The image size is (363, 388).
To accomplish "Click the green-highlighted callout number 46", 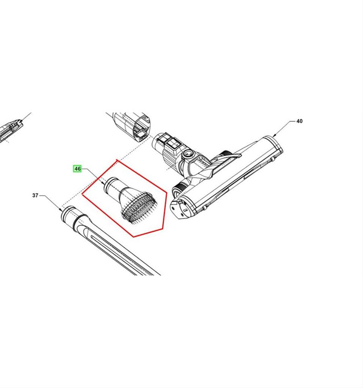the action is tap(77, 169).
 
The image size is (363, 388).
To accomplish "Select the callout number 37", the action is tap(35, 196).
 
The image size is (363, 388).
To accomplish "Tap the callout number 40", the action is tap(299, 121).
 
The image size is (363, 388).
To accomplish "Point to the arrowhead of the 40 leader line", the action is tap(274, 136).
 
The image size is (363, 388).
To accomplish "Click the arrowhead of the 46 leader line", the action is tap(103, 183).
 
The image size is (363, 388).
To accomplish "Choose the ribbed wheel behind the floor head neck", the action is tap(226, 154).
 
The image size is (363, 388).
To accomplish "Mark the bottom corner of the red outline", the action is tap(134, 237).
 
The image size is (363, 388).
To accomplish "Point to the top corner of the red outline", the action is tap(117, 160).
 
